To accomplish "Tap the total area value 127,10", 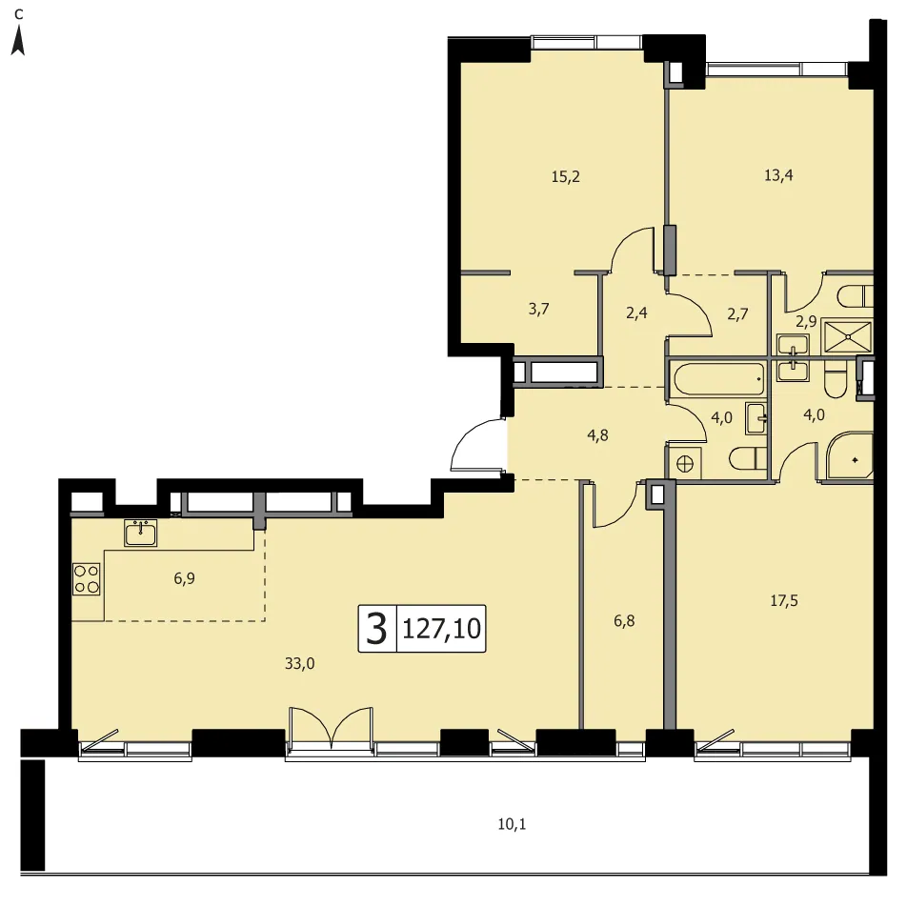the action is tap(441, 628).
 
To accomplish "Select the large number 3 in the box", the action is tap(376, 629).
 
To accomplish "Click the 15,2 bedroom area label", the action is tap(565, 176).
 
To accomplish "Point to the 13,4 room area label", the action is tap(778, 175).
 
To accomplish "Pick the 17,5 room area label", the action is tap(784, 601).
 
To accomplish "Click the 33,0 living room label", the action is tap(299, 663).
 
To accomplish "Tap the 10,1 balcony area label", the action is tap(512, 824).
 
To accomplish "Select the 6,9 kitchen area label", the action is tap(184, 578).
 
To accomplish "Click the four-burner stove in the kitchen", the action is tap(86, 579).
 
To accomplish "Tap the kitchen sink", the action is tap(141, 533).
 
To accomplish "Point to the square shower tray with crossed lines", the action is tap(847, 336).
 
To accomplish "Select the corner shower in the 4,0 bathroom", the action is tap(850, 457).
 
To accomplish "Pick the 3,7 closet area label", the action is tap(538, 309).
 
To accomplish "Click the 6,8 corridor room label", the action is tap(624, 620).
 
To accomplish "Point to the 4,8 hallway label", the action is tap(597, 435).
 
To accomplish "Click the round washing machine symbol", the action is tap(685, 463).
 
